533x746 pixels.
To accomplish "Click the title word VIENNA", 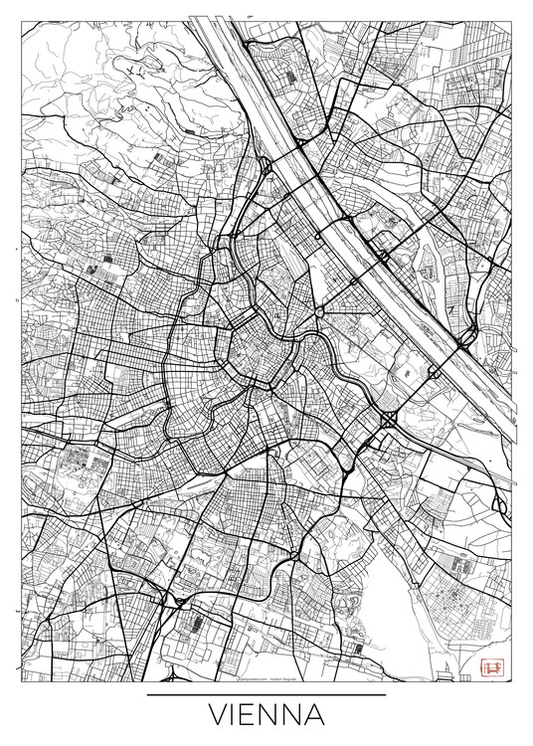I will [x=266, y=717].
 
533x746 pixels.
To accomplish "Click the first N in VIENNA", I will [x=268, y=717].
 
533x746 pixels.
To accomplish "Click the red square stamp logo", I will [x=489, y=668].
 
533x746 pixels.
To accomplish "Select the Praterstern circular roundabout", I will [x=318, y=312].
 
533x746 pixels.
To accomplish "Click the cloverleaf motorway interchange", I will [x=387, y=419].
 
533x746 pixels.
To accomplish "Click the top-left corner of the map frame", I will [x=21, y=21].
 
